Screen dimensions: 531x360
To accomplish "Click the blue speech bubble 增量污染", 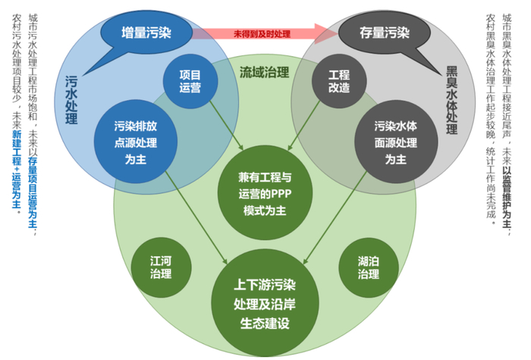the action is tap(146, 33).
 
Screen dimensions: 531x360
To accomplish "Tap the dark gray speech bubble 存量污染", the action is tap(385, 33).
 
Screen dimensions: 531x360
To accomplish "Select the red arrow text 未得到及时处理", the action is tap(262, 34).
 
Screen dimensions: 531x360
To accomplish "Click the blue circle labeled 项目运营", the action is tap(190, 81).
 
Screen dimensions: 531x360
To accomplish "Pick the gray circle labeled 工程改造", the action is tap(339, 81).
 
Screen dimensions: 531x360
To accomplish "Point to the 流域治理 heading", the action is tap(265, 72).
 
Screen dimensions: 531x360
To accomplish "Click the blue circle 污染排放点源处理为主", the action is tap(136, 142).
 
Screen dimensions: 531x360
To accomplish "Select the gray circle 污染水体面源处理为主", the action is tap(396, 142).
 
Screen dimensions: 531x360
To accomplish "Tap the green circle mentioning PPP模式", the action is tap(265, 193).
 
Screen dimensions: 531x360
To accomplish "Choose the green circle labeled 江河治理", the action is tap(161, 268).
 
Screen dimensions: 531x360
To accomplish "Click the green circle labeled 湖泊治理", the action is tap(369, 268).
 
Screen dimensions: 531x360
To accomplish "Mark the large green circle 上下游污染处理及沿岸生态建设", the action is tap(265, 303).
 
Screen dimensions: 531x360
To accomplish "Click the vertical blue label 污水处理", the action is tap(71, 100).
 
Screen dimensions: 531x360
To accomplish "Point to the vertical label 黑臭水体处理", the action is tap(452, 100).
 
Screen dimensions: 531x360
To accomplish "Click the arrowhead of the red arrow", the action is tap(326, 33).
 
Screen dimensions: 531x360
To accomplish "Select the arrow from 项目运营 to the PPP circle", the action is tap(227, 126).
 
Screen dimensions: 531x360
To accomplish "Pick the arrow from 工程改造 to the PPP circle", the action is tap(303, 126).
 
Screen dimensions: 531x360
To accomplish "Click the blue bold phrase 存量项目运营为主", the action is tap(33, 193).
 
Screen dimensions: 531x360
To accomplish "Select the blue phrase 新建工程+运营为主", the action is tap(17, 169).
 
